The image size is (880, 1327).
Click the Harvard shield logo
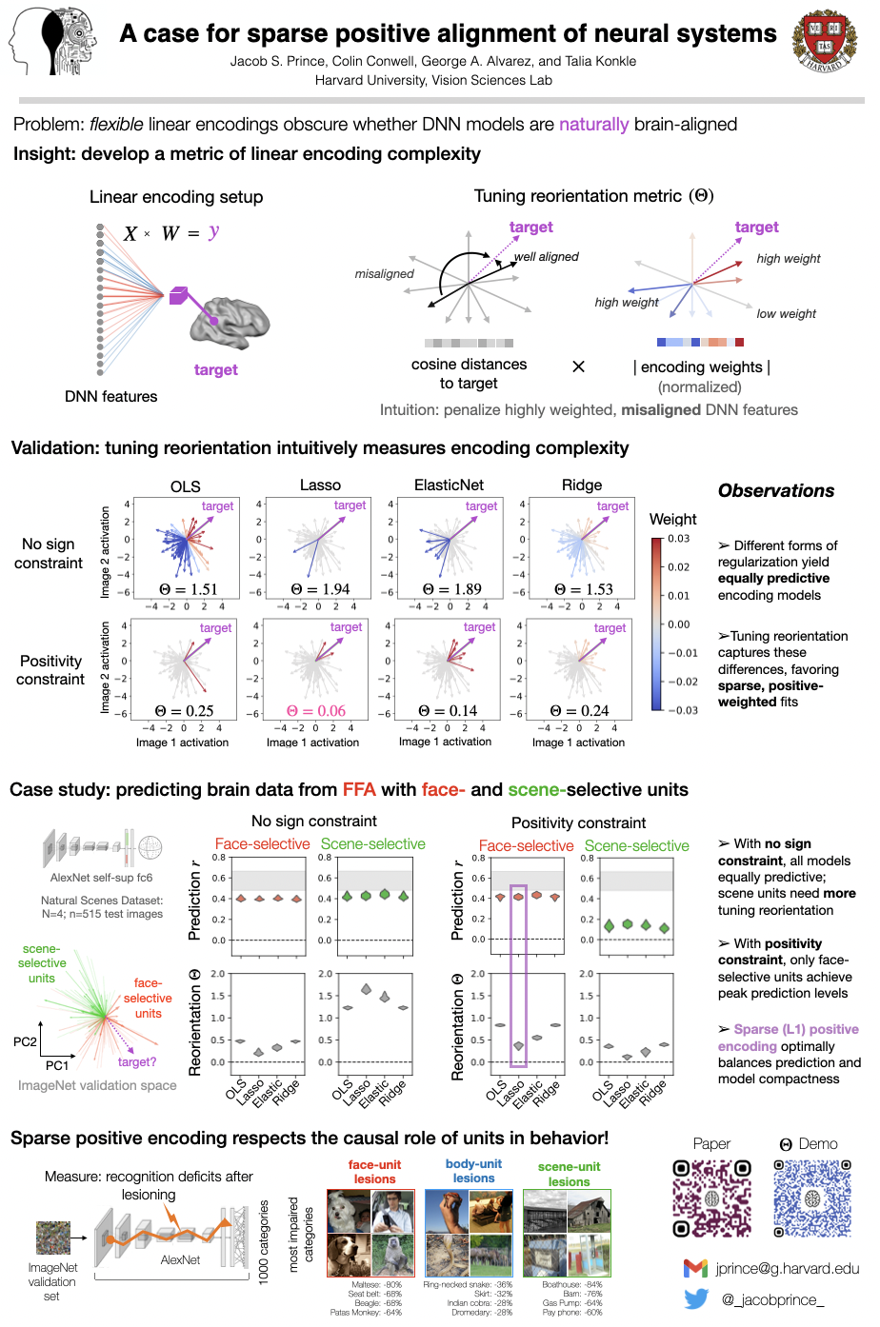[x=824, y=42]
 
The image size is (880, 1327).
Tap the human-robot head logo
[x=53, y=42]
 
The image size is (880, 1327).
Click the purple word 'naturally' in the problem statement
[x=593, y=125]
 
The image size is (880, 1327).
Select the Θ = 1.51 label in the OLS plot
[x=187, y=589]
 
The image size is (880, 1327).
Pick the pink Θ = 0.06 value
[x=317, y=711]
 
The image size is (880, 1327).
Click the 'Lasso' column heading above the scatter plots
[x=320, y=485]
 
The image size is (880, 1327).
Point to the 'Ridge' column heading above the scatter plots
[x=582, y=485]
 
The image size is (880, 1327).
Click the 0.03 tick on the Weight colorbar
[x=679, y=539]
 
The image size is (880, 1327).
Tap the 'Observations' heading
[x=776, y=491]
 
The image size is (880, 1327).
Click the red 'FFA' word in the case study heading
[x=359, y=790]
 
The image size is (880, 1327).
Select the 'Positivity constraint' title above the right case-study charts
[x=578, y=823]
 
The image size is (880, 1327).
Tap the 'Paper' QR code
[x=711, y=1198]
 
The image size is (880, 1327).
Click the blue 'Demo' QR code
[x=811, y=1198]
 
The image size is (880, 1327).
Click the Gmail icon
[x=695, y=1268]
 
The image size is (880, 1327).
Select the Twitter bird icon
[x=696, y=1299]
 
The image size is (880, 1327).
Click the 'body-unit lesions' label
[x=473, y=1171]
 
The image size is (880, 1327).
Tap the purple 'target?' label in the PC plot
[x=137, y=1061]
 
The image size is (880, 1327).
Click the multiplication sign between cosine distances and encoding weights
[x=578, y=366]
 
